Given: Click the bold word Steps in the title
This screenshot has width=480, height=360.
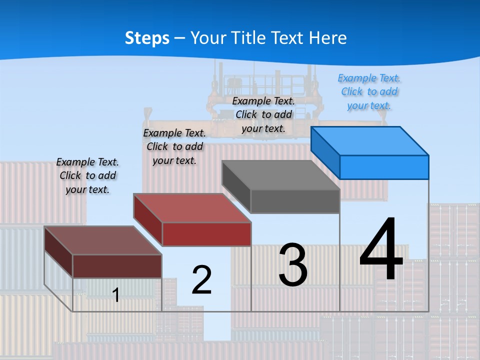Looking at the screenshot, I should (x=147, y=38).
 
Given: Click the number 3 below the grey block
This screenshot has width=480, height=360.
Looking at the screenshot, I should (x=293, y=265).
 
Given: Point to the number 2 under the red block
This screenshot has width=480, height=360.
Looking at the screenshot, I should (x=201, y=279).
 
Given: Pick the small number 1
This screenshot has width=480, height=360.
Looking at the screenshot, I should (x=116, y=295).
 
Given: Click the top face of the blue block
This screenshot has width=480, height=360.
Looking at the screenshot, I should (x=370, y=141).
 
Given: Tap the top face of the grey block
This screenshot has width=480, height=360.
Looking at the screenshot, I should (x=281, y=175).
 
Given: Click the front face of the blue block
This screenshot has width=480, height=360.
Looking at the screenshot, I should (x=384, y=167).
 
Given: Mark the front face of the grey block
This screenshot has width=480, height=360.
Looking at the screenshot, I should (x=295, y=201).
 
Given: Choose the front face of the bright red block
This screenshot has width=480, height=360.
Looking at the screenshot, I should (x=206, y=234).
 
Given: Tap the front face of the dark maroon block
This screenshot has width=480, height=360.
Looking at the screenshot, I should (x=117, y=266).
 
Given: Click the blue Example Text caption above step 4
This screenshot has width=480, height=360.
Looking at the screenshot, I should (x=369, y=91).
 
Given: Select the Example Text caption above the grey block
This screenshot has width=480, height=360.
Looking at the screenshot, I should (x=263, y=114).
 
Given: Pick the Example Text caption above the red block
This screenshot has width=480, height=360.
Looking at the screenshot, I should (x=174, y=146).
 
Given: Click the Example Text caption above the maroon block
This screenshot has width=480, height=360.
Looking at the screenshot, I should (x=87, y=175).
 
